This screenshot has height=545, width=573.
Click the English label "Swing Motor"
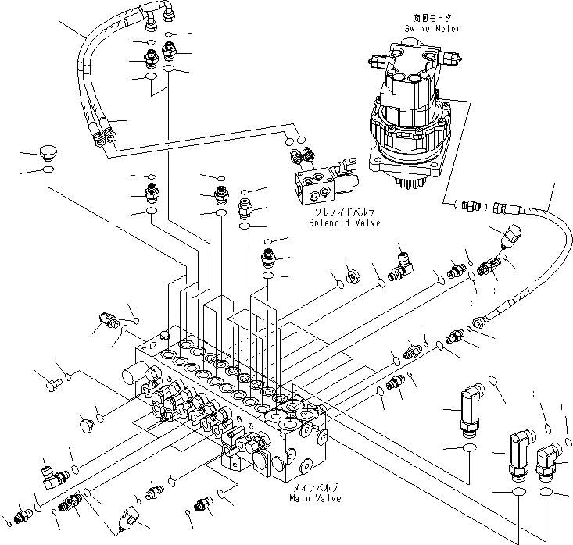point(432,28)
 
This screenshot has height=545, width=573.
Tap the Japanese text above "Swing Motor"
point(432,17)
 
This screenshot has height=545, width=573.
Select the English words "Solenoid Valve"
point(345,223)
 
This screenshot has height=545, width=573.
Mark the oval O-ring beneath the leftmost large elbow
point(469,449)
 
